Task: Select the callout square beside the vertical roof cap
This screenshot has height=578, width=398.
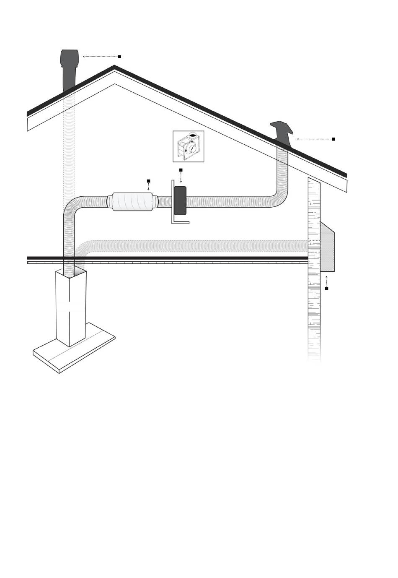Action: click(119, 56)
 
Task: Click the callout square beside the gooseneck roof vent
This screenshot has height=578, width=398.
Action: click(333, 139)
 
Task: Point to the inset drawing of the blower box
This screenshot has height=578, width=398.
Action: click(189, 146)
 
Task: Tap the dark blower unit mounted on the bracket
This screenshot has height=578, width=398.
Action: click(180, 200)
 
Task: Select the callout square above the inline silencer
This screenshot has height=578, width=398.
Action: click(148, 181)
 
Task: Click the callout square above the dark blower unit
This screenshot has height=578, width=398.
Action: click(181, 170)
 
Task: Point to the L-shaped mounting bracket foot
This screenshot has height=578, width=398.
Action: click(180, 222)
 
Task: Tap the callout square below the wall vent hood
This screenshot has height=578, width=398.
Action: click(326, 289)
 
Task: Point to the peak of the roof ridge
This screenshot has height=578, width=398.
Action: click(114, 67)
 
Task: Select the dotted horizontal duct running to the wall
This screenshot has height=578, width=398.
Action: click(193, 246)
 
